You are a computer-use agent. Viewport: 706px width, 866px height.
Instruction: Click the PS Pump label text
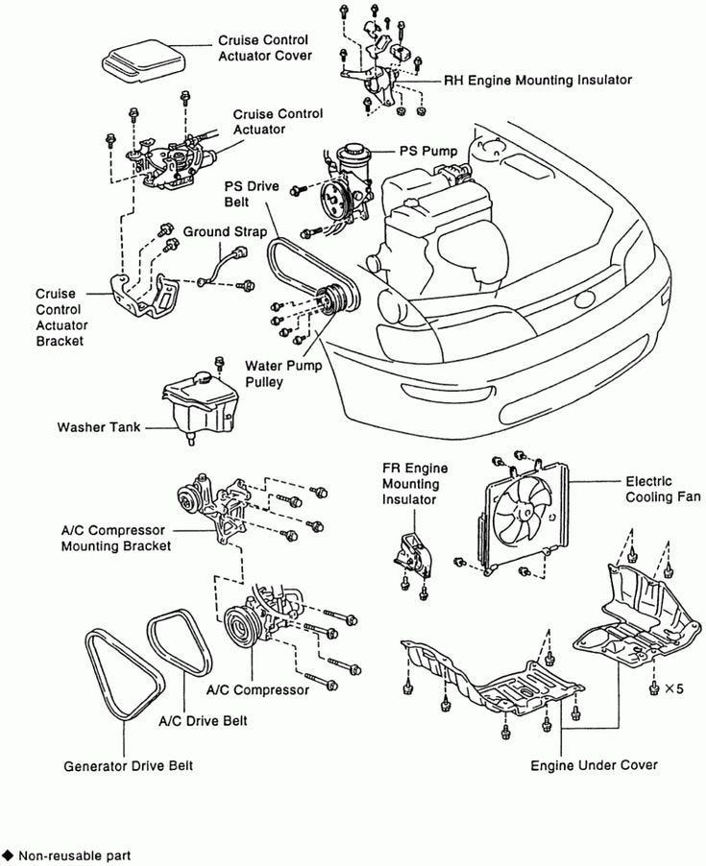point(428,151)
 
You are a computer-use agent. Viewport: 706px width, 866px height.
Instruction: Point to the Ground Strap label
point(220,232)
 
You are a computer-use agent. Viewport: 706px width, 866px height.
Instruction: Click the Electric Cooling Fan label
point(662,489)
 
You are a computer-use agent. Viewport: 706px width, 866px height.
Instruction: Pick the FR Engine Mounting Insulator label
point(414,484)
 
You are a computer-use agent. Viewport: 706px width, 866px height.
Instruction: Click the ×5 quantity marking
point(674,688)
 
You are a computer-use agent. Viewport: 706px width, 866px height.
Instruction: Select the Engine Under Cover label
point(594,765)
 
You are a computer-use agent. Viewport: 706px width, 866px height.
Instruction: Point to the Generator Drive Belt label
point(129,766)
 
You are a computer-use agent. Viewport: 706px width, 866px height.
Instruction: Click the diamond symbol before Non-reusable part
point(8,854)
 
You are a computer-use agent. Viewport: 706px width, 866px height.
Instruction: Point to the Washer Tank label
point(97,427)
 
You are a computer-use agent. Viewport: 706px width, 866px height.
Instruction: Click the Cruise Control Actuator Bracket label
point(60,317)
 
